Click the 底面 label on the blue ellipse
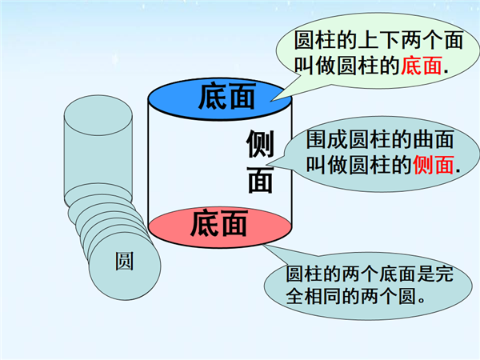[226, 96]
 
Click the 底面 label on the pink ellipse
[218, 223]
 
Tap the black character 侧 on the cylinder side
[260, 143]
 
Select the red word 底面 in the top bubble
[422, 66]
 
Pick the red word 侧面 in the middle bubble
[434, 165]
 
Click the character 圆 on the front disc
[124, 261]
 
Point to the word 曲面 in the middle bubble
[433, 140]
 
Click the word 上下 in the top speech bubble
[378, 40]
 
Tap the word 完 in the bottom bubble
[445, 274]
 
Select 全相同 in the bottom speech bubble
[314, 296]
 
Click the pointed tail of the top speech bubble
[271, 100]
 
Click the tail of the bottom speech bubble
[263, 245]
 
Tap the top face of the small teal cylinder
[98, 115]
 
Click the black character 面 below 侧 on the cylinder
[260, 180]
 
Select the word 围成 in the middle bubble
[327, 140]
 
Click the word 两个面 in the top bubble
[432, 40]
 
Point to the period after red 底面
[446, 73]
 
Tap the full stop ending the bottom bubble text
[422, 301]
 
